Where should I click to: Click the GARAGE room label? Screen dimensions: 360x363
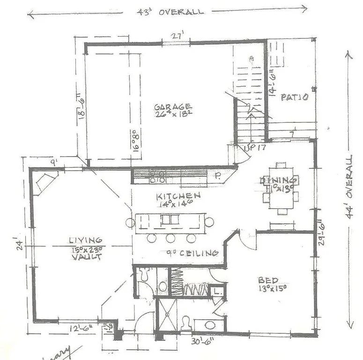click(x=173, y=107)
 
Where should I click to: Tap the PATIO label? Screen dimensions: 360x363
click(x=294, y=97)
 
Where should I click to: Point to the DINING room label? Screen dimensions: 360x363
click(x=279, y=180)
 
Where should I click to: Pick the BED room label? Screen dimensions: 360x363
click(x=268, y=280)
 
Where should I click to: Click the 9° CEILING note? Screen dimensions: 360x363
click(x=193, y=253)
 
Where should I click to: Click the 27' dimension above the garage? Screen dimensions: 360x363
click(x=176, y=35)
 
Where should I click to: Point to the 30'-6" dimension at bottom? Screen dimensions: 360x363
click(x=203, y=341)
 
